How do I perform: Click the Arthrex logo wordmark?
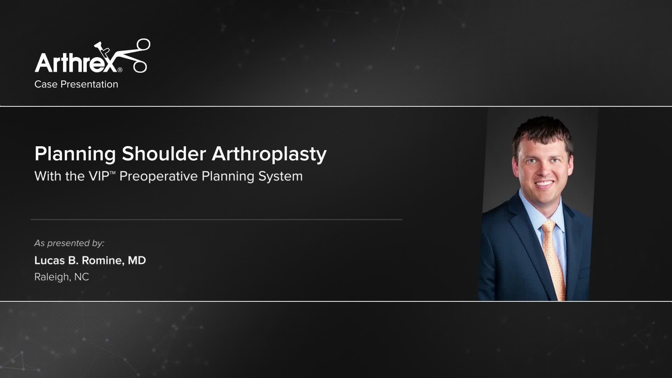point(75,63)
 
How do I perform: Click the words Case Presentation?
point(76,84)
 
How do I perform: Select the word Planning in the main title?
point(75,154)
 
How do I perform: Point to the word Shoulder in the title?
point(164,154)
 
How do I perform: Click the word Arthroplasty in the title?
point(269,154)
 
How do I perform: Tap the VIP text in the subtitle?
point(99,176)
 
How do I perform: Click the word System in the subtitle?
point(280,176)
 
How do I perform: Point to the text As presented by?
point(69,243)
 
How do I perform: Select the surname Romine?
point(102,260)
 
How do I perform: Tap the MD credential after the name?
point(136,260)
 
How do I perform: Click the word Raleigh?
point(52,277)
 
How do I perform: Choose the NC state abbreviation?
point(82,277)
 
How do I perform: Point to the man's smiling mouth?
point(544,183)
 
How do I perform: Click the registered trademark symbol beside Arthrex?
point(120,70)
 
